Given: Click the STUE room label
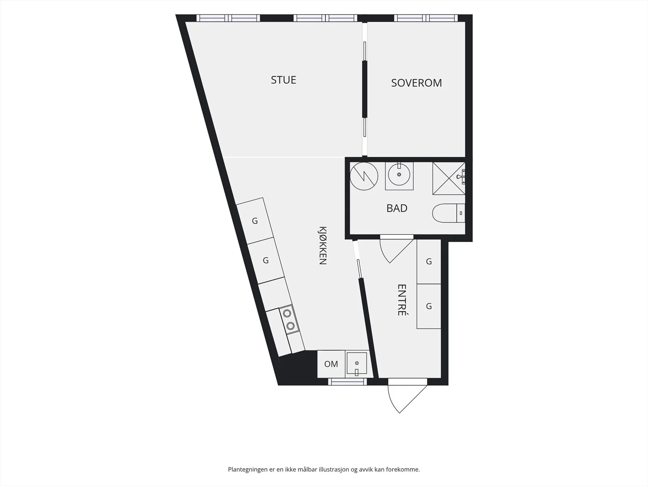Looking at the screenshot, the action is (283, 80).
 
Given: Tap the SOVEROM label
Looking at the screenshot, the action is (417, 83).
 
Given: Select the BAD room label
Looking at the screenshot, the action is (397, 208).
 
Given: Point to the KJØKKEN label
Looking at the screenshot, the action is (323, 245).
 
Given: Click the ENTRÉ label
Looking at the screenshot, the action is (402, 300).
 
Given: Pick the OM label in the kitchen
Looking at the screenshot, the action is (331, 364).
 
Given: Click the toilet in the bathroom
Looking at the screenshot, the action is (448, 213).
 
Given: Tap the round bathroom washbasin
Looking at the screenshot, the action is (399, 175).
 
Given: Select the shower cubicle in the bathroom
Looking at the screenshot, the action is (449, 178).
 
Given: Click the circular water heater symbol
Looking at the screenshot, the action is (364, 176).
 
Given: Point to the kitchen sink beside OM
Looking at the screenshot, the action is (357, 364).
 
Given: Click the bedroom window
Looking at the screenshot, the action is (426, 18).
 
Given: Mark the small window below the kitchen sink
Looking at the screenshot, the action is (347, 382).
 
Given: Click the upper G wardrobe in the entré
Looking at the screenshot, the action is (428, 262).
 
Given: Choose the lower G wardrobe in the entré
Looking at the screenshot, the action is (428, 306).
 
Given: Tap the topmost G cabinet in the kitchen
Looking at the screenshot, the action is (254, 221).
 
